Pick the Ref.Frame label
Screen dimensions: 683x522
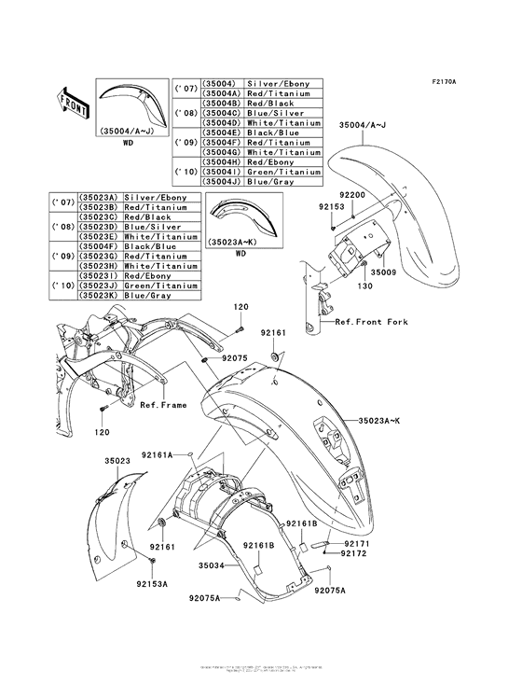click(x=163, y=405)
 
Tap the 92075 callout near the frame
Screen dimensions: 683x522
click(x=236, y=357)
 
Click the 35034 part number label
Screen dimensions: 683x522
click(x=210, y=565)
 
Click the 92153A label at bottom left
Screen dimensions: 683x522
click(x=152, y=584)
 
